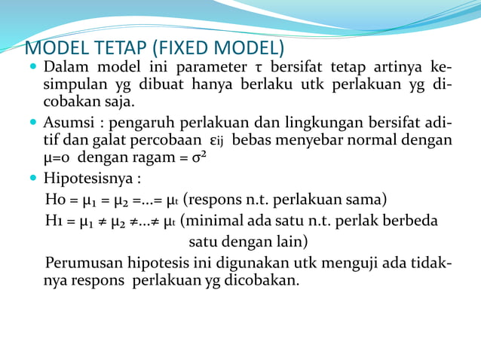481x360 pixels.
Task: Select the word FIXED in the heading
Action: click(190, 48)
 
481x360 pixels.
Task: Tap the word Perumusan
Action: click(81, 263)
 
